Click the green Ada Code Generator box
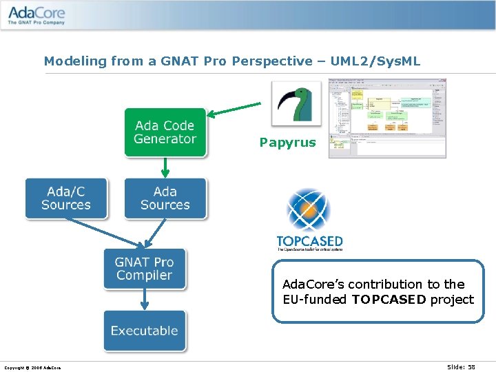[x=165, y=132]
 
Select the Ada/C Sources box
[x=66, y=198]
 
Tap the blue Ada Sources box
[x=165, y=198]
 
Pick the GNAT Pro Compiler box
[x=144, y=269]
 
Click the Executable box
[x=144, y=331]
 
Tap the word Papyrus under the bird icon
[x=287, y=143]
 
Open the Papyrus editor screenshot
[x=386, y=118]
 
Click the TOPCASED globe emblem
[x=309, y=211]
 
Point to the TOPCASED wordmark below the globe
[x=309, y=242]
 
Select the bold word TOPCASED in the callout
[x=389, y=299]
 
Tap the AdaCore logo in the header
[x=37, y=14]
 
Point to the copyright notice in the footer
[x=32, y=368]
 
